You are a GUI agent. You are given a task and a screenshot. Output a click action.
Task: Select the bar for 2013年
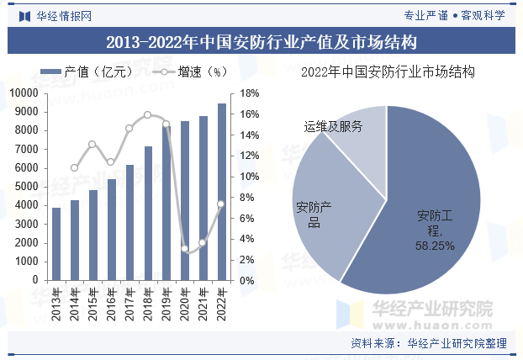coord(56,244)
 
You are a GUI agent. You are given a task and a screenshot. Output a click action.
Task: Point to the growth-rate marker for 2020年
coord(185,248)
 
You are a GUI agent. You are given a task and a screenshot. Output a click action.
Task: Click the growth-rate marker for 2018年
coord(148,114)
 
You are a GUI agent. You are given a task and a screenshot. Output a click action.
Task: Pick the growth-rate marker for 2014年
coord(74,167)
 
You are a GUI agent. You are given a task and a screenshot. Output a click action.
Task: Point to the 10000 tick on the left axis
coord(23,93)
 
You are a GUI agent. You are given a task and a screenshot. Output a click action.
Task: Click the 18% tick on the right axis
coord(249,93)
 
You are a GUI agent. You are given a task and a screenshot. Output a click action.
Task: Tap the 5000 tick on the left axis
coord(25,187)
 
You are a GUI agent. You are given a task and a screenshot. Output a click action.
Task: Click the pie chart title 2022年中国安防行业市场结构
coord(388,72)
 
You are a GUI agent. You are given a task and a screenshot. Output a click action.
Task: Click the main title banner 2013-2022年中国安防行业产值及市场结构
coord(261,40)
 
